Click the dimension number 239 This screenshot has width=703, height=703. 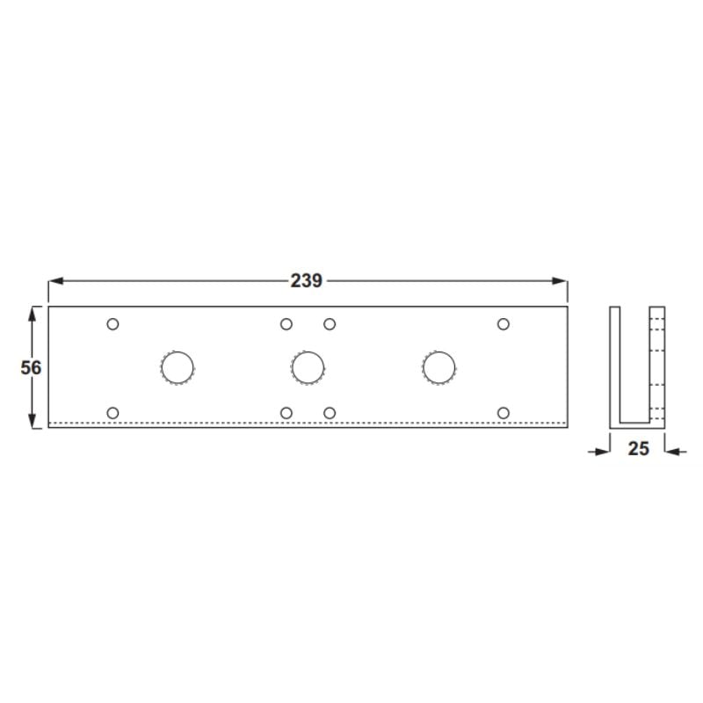(307, 281)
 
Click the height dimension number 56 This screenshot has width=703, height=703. (31, 367)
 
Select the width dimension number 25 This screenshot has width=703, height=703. (638, 449)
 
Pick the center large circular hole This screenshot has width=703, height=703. (308, 367)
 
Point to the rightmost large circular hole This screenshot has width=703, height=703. (438, 367)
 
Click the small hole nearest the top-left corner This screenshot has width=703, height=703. (112, 324)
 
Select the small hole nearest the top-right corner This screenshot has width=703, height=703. (504, 324)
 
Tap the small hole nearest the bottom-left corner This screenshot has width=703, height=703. (112, 412)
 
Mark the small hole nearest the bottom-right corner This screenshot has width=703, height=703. (504, 412)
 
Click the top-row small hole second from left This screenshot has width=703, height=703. (286, 324)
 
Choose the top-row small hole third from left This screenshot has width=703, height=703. (330, 324)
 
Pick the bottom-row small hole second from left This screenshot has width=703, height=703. (286, 412)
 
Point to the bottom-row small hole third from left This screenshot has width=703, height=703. (330, 412)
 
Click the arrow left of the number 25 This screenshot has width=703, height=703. (602, 452)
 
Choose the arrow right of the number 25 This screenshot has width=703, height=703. (672, 452)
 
